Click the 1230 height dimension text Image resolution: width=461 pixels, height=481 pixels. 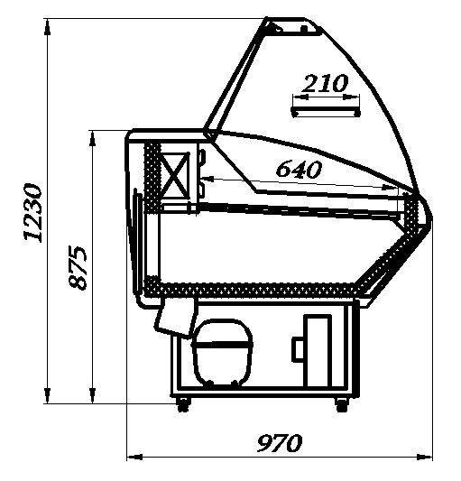[x=32, y=213]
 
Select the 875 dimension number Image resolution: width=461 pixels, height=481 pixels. [x=78, y=267]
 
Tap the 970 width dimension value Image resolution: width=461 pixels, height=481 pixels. [x=280, y=442]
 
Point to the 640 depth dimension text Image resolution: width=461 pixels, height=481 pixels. [x=299, y=169]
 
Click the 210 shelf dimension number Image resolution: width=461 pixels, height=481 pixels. [x=325, y=83]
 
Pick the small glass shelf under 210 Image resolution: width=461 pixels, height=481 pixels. [x=326, y=112]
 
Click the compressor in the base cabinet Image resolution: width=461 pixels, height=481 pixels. [x=222, y=352]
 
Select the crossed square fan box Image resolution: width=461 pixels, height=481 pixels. [x=174, y=175]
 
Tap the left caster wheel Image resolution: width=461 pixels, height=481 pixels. [x=183, y=404]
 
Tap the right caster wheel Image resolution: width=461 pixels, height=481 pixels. [x=342, y=404]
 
